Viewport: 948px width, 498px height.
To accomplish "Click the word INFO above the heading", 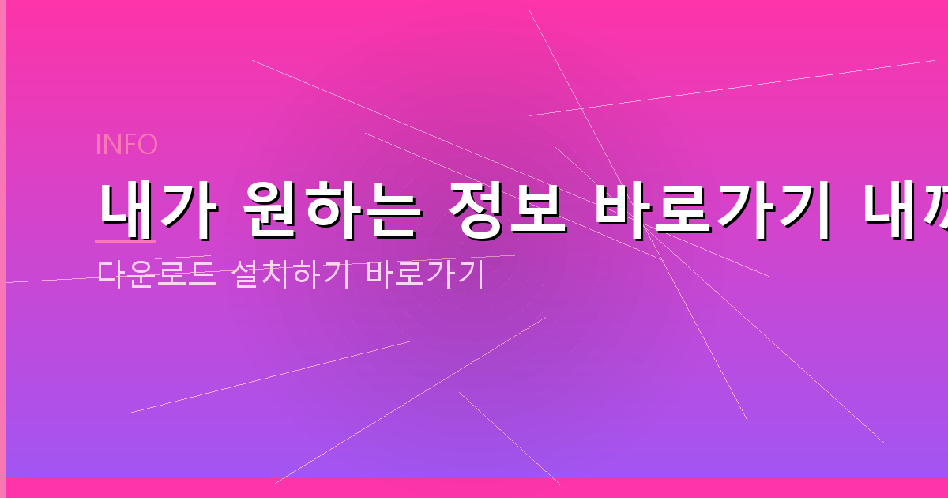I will click(x=126, y=145).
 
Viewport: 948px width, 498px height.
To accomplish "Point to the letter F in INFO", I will click(x=126, y=145).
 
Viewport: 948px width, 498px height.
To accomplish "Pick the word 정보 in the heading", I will click(x=495, y=209).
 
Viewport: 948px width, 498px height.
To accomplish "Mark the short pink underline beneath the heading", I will click(x=125, y=241).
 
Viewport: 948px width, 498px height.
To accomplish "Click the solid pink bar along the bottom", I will click(x=474, y=488).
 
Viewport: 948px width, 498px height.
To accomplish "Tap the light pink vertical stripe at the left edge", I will click(x=2, y=249).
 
